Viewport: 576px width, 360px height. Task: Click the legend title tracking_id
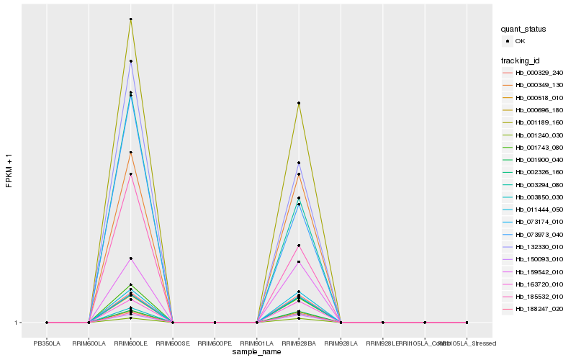tap(523, 59)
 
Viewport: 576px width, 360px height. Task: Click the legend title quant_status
tap(523, 29)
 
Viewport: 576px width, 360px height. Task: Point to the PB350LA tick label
tap(47, 343)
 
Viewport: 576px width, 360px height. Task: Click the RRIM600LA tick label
tap(89, 343)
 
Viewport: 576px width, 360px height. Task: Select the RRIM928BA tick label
tap(299, 343)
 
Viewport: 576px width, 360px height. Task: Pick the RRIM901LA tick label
tap(257, 343)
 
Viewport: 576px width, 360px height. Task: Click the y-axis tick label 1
tap(17, 323)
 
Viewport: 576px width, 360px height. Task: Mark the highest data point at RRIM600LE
tap(130, 19)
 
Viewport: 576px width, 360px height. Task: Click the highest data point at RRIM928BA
tap(299, 103)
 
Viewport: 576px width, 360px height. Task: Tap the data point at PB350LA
tap(47, 323)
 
